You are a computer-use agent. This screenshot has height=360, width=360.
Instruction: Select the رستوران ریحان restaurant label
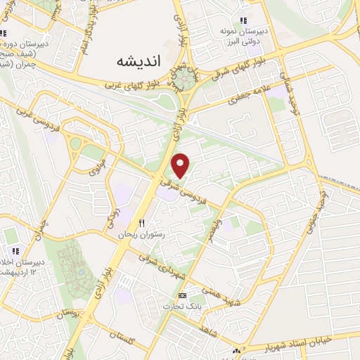point(143,233)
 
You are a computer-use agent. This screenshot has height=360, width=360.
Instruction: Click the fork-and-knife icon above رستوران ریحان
point(142,222)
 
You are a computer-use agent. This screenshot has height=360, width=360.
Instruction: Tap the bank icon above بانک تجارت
point(183,296)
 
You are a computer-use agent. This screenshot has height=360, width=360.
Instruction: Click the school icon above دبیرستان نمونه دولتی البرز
point(243,20)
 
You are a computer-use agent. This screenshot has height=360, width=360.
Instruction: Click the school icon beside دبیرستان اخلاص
point(14,252)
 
